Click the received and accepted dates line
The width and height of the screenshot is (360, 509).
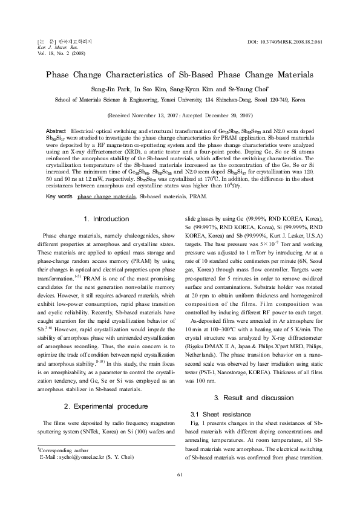[x=180, y=115]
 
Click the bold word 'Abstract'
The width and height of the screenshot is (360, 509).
[x=56, y=131]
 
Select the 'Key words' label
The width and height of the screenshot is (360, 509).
[x=59, y=180]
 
